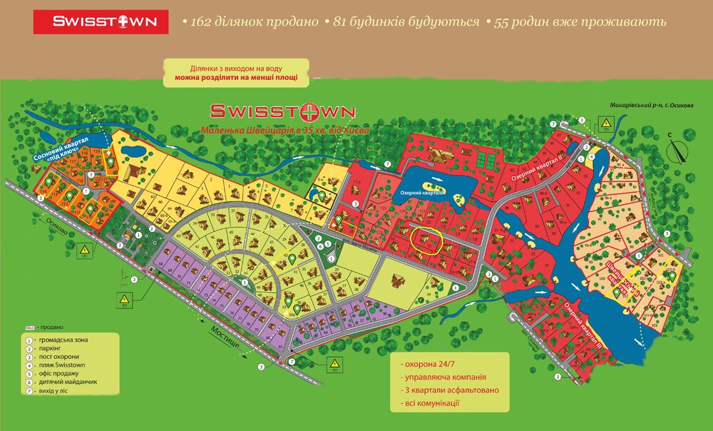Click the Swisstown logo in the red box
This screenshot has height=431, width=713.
[101, 21]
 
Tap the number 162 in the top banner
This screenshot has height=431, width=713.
[202, 21]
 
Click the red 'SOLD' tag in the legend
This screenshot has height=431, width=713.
[29, 328]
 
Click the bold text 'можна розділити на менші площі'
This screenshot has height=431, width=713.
[235, 77]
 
